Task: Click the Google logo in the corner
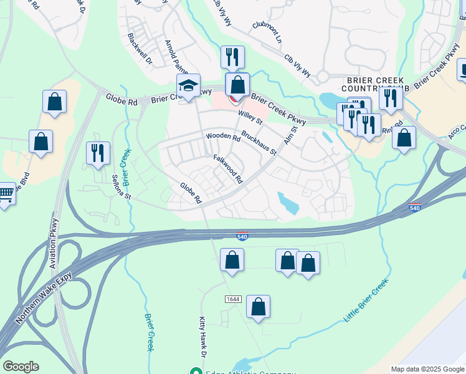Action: (x=21, y=367)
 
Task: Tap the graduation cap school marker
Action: (x=188, y=88)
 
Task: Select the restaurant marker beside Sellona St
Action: (x=98, y=153)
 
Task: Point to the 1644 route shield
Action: (x=233, y=300)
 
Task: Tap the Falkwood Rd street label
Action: (x=228, y=169)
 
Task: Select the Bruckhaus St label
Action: (x=259, y=143)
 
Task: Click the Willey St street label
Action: (x=251, y=117)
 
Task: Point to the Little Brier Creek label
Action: (x=366, y=301)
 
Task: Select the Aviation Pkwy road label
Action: (x=54, y=243)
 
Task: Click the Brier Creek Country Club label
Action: (x=374, y=85)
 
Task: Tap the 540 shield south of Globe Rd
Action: (x=242, y=236)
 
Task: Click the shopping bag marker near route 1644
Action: (x=258, y=307)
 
